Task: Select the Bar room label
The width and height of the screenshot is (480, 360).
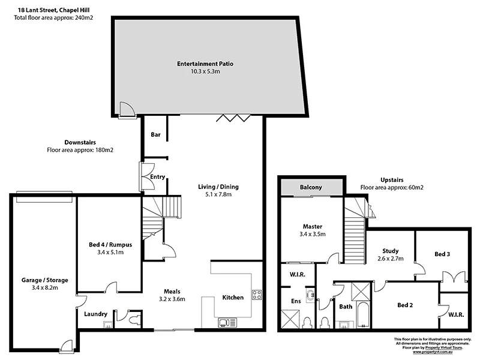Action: coord(155,135)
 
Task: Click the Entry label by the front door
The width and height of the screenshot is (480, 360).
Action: coord(157,177)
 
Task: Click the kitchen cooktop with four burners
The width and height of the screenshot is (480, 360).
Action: coord(256,295)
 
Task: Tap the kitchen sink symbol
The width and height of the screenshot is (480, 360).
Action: coord(227,322)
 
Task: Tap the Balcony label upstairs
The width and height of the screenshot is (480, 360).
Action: coord(311,188)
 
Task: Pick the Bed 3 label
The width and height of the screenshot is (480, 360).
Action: coord(443,254)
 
